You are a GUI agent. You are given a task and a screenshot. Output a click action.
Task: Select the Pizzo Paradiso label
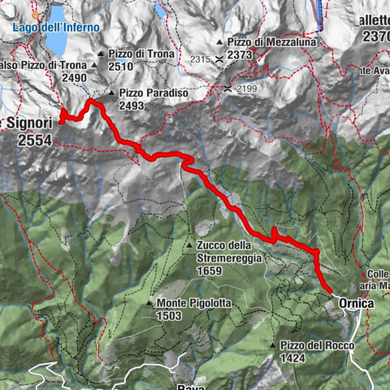pos(153,93)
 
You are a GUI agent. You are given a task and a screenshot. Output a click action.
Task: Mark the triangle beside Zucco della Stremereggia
pos(188,245)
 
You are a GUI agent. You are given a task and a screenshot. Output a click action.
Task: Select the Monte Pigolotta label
pos(189,302)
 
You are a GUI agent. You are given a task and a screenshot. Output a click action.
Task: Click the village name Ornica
pos(357,303)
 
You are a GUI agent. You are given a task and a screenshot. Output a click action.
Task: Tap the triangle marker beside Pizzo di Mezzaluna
pos(220,42)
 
